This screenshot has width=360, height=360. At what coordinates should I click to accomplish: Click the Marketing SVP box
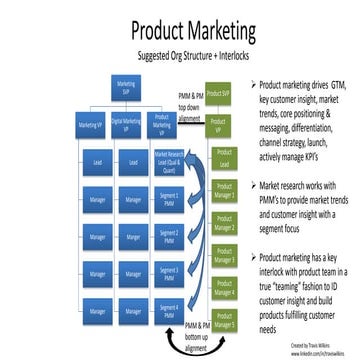(127, 86)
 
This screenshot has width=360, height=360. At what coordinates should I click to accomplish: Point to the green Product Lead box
(223, 160)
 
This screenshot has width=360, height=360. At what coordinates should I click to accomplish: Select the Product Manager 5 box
(223, 324)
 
